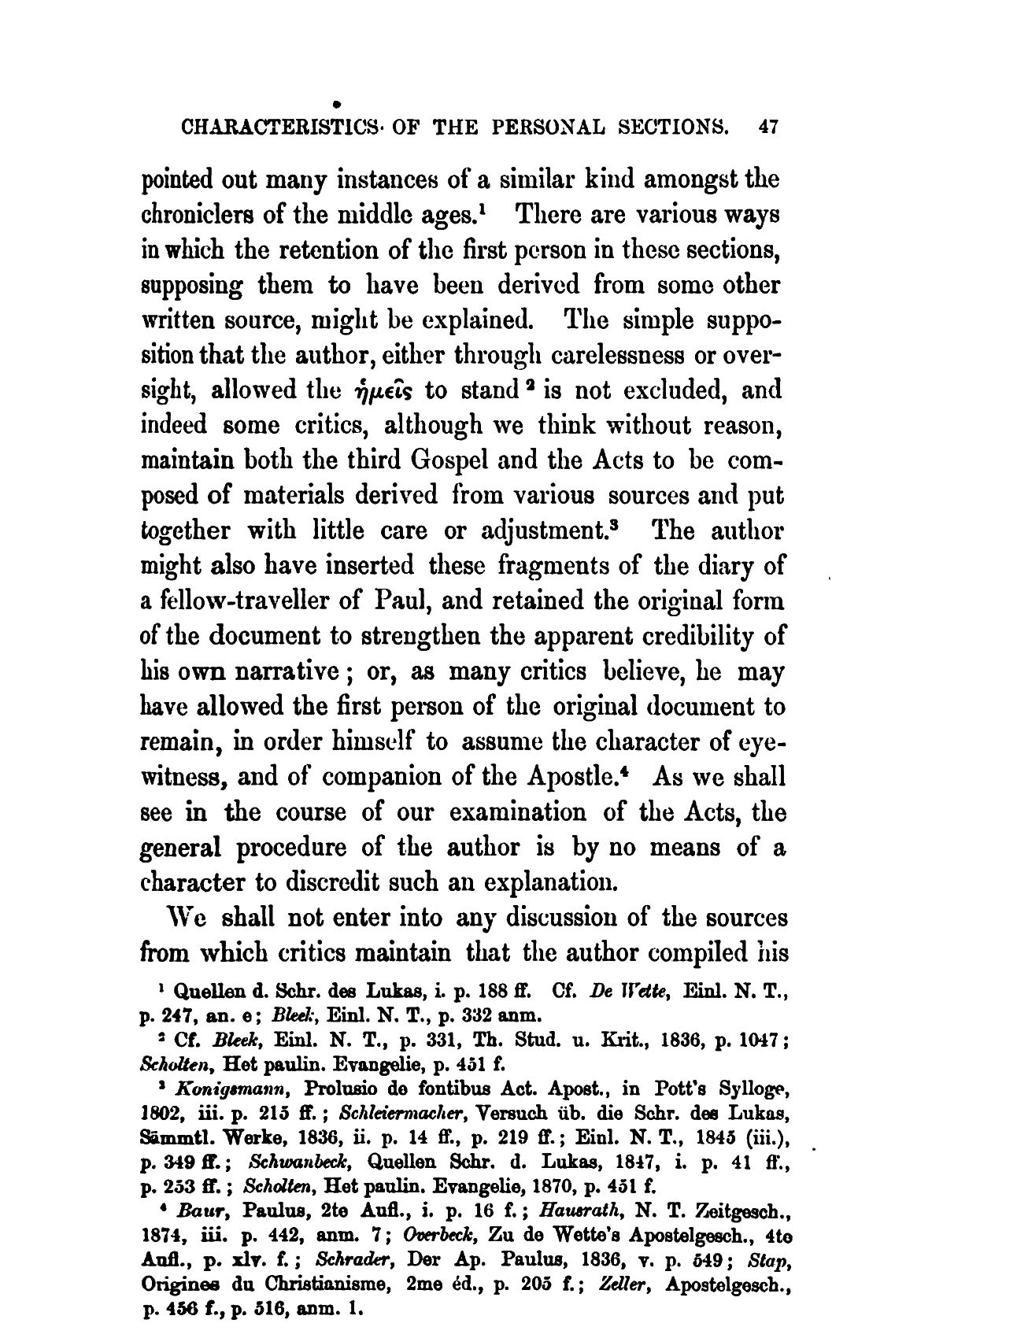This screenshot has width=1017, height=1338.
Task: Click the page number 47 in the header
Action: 768,127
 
